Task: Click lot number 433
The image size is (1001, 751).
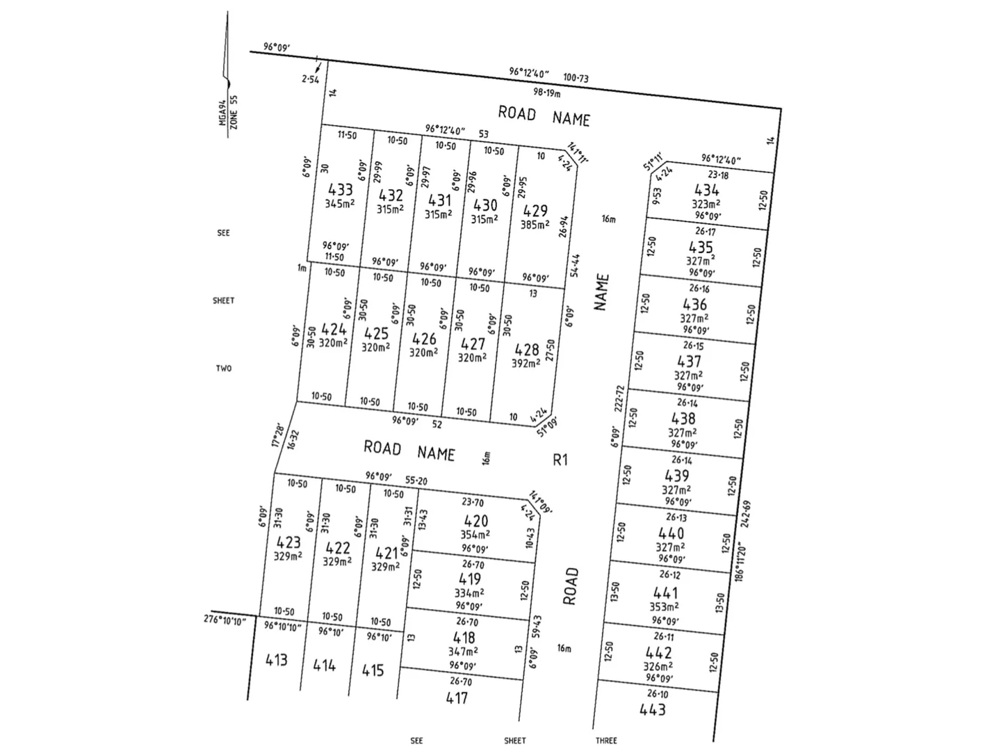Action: pos(340,190)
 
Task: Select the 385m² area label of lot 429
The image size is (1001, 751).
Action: pos(535,225)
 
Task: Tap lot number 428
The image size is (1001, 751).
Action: pos(527,350)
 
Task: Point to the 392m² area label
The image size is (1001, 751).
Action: pos(526,364)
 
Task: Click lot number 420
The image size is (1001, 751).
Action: pos(475,521)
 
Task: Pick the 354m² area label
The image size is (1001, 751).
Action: pos(475,535)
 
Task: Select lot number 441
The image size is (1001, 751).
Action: pos(665,593)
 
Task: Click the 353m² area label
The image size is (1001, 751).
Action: pos(665,607)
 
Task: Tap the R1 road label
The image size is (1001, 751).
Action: pos(560,460)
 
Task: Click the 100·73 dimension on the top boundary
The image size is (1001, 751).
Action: pos(576,78)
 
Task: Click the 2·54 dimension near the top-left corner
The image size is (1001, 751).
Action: pos(310,79)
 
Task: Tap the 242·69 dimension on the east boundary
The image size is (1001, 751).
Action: pos(747,515)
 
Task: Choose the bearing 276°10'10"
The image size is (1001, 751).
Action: pos(225,620)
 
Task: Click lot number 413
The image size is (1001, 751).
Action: pos(276,659)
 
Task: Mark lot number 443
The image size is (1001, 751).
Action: pos(652,710)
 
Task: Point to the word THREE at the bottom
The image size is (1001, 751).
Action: pos(605,741)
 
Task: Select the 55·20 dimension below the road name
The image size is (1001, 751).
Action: pos(416,481)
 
